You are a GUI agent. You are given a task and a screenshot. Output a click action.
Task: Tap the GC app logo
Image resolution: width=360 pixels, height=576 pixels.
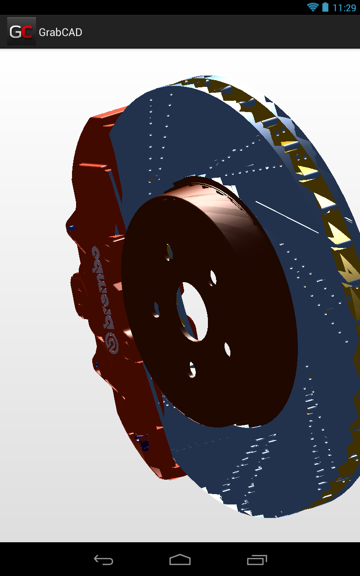21,32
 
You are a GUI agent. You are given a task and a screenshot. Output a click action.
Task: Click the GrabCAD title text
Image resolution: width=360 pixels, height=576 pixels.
60,32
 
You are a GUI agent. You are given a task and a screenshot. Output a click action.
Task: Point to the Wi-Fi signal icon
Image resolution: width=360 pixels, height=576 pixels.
312,7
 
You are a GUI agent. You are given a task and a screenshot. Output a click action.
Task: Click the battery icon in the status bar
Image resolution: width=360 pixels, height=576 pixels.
325,7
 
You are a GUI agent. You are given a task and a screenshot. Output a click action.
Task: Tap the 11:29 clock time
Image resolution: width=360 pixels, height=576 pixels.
344,8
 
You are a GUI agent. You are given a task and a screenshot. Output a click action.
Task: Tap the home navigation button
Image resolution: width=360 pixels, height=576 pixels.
180,560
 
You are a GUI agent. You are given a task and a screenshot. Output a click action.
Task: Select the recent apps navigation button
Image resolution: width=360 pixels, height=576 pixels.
257,560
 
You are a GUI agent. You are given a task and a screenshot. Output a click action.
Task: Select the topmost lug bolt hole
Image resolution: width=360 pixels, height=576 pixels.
169,252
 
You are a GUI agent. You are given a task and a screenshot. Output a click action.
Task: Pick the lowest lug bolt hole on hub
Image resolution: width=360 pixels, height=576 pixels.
193,369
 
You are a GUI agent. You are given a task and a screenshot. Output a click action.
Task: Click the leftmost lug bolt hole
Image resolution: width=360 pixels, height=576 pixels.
157,309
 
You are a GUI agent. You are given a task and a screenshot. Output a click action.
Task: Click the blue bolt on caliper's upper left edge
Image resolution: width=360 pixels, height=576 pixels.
72,228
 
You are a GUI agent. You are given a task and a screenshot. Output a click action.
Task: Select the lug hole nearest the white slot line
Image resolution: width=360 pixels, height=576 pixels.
212,278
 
